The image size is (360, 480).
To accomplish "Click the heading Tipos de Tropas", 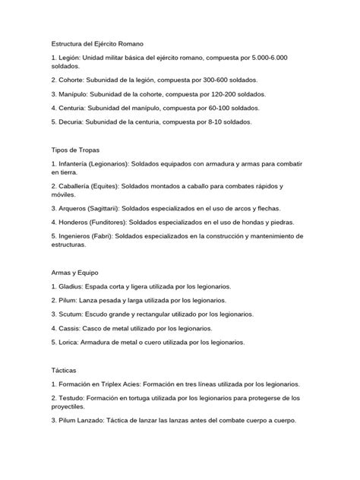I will [x=77, y=150].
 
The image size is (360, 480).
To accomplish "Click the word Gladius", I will [x=73, y=287].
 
